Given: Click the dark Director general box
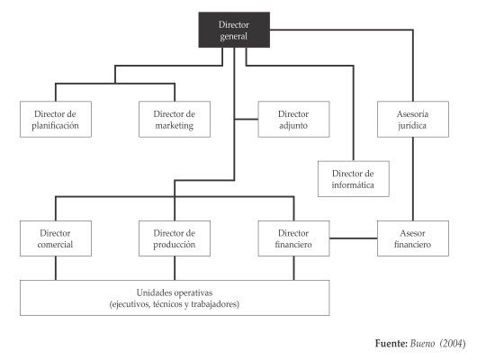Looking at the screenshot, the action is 234,30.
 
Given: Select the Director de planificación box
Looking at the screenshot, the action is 56,120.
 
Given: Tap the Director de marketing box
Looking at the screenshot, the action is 175,120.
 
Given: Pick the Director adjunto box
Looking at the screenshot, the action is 293,120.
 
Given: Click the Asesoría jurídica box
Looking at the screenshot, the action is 413,120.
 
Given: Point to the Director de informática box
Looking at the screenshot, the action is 354,179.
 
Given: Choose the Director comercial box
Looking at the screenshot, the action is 56,238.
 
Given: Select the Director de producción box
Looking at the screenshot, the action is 175,238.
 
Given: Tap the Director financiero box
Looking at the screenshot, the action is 293,238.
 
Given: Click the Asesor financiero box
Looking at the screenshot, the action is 413,238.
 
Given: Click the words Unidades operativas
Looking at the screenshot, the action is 175,292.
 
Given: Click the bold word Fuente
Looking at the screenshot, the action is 391,344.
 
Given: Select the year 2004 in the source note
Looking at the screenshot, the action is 453,344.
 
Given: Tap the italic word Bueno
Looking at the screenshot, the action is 422,344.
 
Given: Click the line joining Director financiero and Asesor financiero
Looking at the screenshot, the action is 354,238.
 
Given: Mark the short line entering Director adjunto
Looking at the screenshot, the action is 247,119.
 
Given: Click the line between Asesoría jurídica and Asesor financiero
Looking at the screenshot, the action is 413,179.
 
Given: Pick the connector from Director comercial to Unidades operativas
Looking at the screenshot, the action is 56,268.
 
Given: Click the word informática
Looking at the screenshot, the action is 353,185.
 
